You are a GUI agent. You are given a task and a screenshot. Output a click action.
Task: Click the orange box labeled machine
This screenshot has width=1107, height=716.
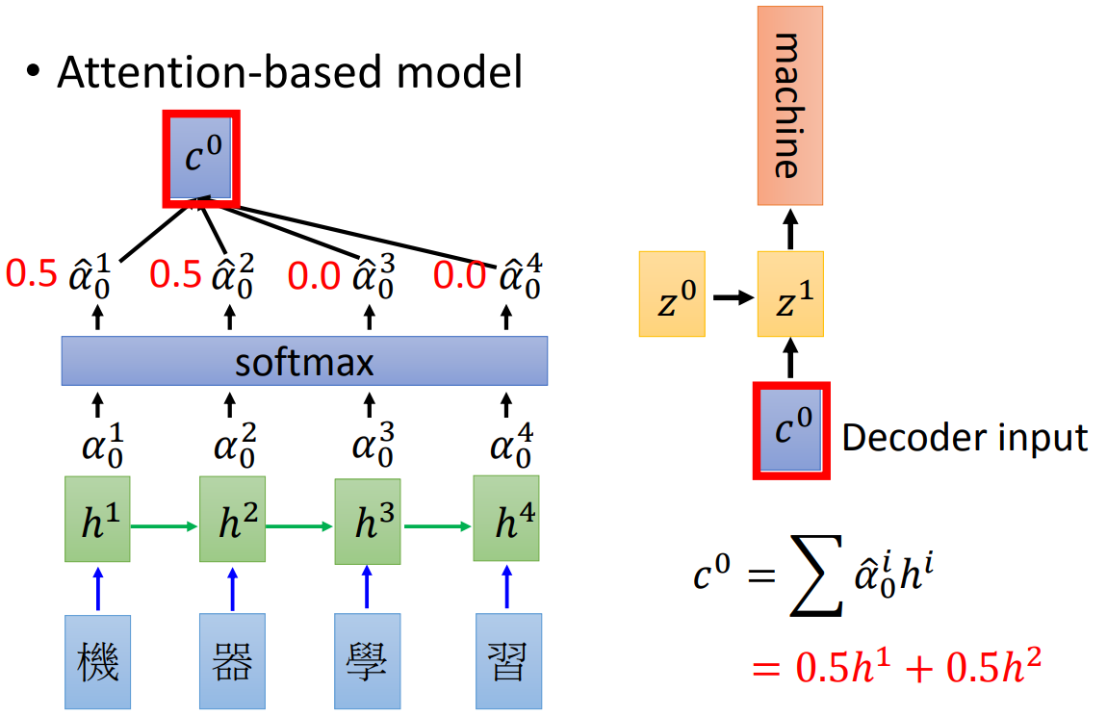790,105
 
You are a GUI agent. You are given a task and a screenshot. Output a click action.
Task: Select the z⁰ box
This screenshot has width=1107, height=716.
672,294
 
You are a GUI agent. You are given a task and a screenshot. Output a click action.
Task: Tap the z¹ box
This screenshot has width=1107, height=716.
790,294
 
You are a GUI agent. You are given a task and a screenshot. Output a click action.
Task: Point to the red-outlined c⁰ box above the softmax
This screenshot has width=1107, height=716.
200,158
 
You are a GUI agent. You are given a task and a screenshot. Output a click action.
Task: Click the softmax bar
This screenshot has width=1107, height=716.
304,361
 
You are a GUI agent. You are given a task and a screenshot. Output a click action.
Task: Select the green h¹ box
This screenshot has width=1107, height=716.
96,518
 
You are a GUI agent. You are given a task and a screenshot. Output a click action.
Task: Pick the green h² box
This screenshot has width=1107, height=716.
232,519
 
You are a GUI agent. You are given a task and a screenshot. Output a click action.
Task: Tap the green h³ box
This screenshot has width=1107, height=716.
368,520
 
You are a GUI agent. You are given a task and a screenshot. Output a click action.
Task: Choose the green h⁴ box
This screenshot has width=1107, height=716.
506,519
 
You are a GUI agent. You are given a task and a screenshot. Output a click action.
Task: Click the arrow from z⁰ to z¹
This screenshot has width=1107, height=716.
733,297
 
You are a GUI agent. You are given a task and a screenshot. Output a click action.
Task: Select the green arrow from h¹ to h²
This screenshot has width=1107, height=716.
165,525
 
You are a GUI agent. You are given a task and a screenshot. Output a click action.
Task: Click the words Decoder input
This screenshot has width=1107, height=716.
965,438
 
